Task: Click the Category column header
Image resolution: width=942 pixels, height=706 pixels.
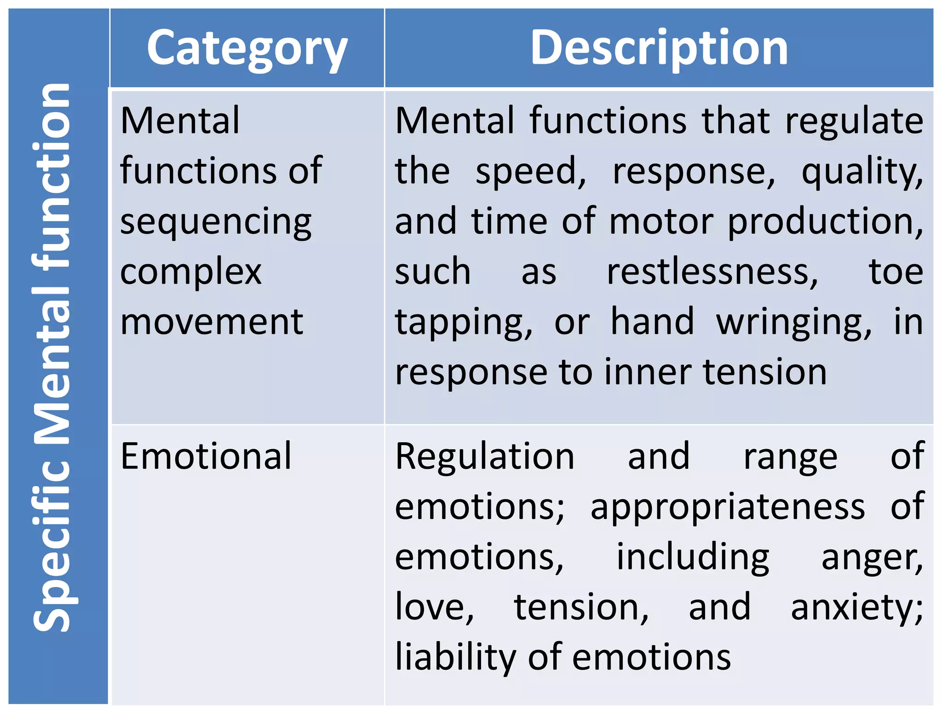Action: click(x=247, y=48)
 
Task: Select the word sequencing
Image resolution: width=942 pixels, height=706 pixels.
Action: click(x=216, y=222)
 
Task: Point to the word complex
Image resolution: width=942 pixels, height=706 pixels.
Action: click(x=190, y=272)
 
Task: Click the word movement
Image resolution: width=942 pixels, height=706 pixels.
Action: click(x=212, y=322)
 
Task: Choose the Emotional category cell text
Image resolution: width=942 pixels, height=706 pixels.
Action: click(x=206, y=456)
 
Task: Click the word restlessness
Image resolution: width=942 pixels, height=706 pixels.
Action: click(x=712, y=272)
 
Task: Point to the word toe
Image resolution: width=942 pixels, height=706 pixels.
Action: click(x=896, y=272)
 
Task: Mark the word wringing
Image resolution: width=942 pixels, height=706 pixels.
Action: click(x=793, y=323)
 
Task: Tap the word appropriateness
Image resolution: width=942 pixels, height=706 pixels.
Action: click(x=728, y=507)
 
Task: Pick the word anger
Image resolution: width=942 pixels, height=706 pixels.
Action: click(x=872, y=558)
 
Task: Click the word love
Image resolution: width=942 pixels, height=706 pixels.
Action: click(x=434, y=607)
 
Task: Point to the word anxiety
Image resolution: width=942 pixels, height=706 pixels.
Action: click(x=856, y=608)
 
